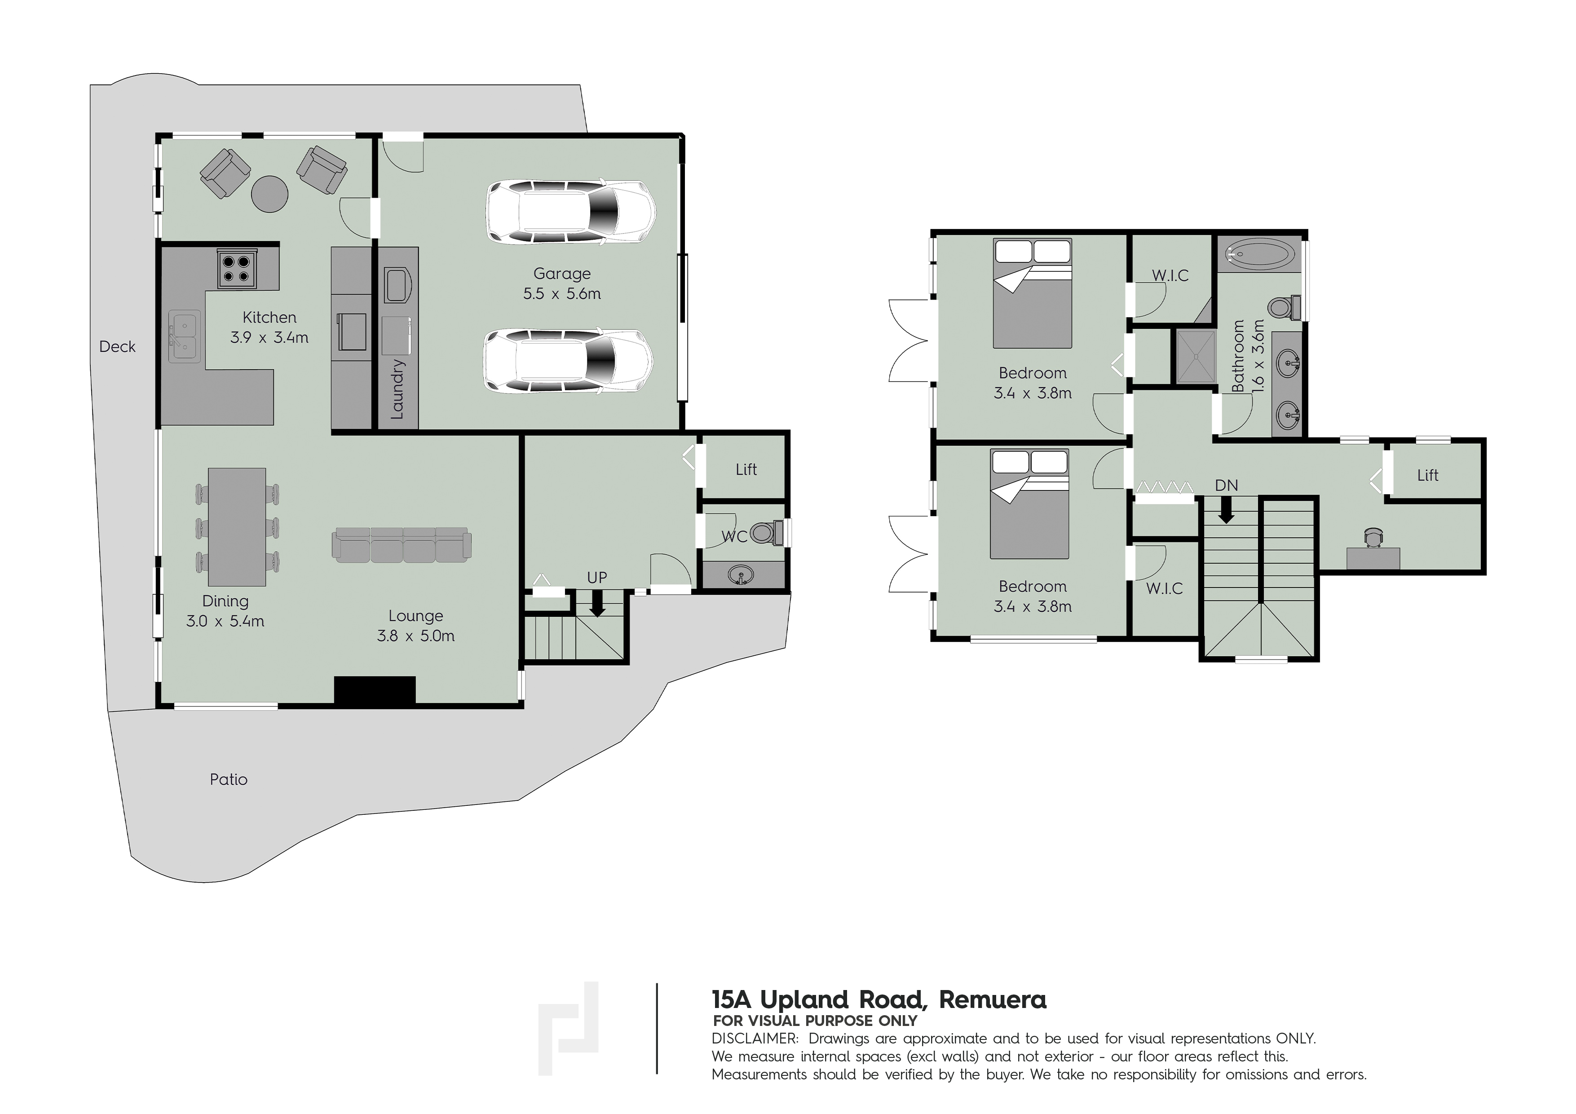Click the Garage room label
click(x=561, y=273)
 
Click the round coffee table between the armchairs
click(x=270, y=194)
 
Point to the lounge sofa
click(x=402, y=545)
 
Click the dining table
click(x=237, y=526)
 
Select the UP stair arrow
click(x=597, y=603)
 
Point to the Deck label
click(x=117, y=347)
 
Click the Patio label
click(x=229, y=779)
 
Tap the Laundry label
click(x=397, y=389)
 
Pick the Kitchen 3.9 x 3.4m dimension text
click(x=269, y=337)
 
